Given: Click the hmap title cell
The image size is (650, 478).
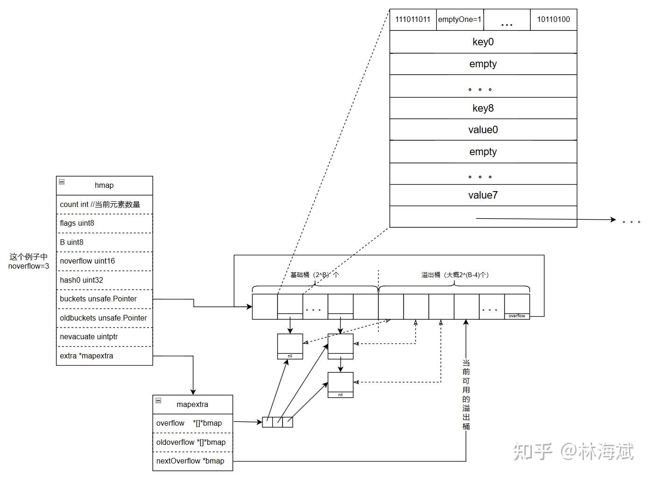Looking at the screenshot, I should tap(104, 185).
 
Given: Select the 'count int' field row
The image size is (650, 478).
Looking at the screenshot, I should tap(104, 205).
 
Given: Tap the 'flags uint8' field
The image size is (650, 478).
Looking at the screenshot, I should tap(104, 223).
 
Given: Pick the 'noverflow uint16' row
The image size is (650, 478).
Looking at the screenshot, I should tap(104, 261).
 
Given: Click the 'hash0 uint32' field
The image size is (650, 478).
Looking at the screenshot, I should tap(104, 280).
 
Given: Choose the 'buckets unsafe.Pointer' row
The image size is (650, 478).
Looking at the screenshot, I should tap(104, 299).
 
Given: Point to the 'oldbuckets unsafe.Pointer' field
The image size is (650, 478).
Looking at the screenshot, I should tap(104, 318).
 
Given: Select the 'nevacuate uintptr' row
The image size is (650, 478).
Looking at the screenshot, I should tap(104, 337).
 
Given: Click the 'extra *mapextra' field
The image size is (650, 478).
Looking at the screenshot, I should tap(104, 356).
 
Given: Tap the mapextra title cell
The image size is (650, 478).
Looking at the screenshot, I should tap(192, 405).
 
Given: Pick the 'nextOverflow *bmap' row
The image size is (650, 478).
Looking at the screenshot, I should tap(192, 461).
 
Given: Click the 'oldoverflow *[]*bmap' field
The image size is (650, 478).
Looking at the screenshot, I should tap(192, 442).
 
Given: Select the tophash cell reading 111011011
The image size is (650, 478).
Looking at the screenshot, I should tap(413, 20).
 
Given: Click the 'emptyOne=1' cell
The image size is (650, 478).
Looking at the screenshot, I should tap(460, 20).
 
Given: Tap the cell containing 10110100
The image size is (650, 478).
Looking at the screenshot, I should tap(553, 20).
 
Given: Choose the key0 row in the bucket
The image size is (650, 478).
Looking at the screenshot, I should tap(483, 42).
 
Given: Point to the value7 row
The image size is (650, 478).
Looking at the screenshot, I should tap(483, 195).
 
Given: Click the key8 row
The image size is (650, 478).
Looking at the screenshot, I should tap(483, 108).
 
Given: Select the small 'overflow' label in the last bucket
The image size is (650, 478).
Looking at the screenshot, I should tap(517, 316).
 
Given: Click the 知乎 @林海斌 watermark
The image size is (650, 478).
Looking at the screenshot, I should tap(573, 452).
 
